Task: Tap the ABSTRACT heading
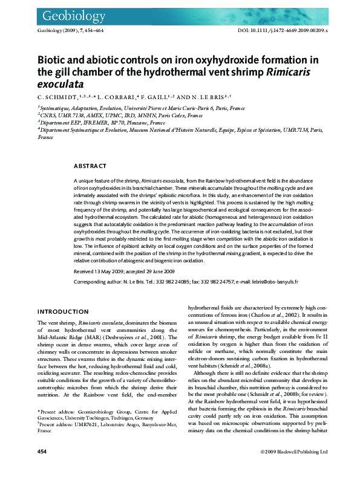(x=90, y=166)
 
